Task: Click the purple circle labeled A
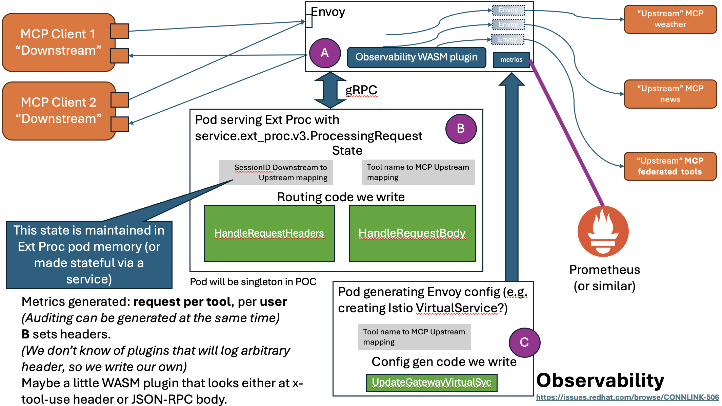tap(325, 53)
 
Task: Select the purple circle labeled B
tap(461, 129)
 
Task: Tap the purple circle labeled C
tap(524, 342)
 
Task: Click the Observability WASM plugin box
tap(416, 57)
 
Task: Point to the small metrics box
tap(511, 60)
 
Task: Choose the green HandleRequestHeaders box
tap(269, 233)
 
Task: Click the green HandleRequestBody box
tap(412, 233)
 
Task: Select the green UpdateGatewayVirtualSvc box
tap(431, 383)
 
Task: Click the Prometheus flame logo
tap(603, 231)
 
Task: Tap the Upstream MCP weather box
tap(670, 19)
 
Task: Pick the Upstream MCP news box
tap(670, 94)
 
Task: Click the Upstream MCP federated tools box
tap(670, 166)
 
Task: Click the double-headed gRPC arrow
tap(330, 90)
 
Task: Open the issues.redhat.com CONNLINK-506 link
tap(627, 398)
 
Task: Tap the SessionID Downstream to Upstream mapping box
tap(276, 172)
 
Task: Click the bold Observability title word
tap(600, 380)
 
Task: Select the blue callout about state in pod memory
tap(89, 255)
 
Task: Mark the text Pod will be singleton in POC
tap(253, 282)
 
